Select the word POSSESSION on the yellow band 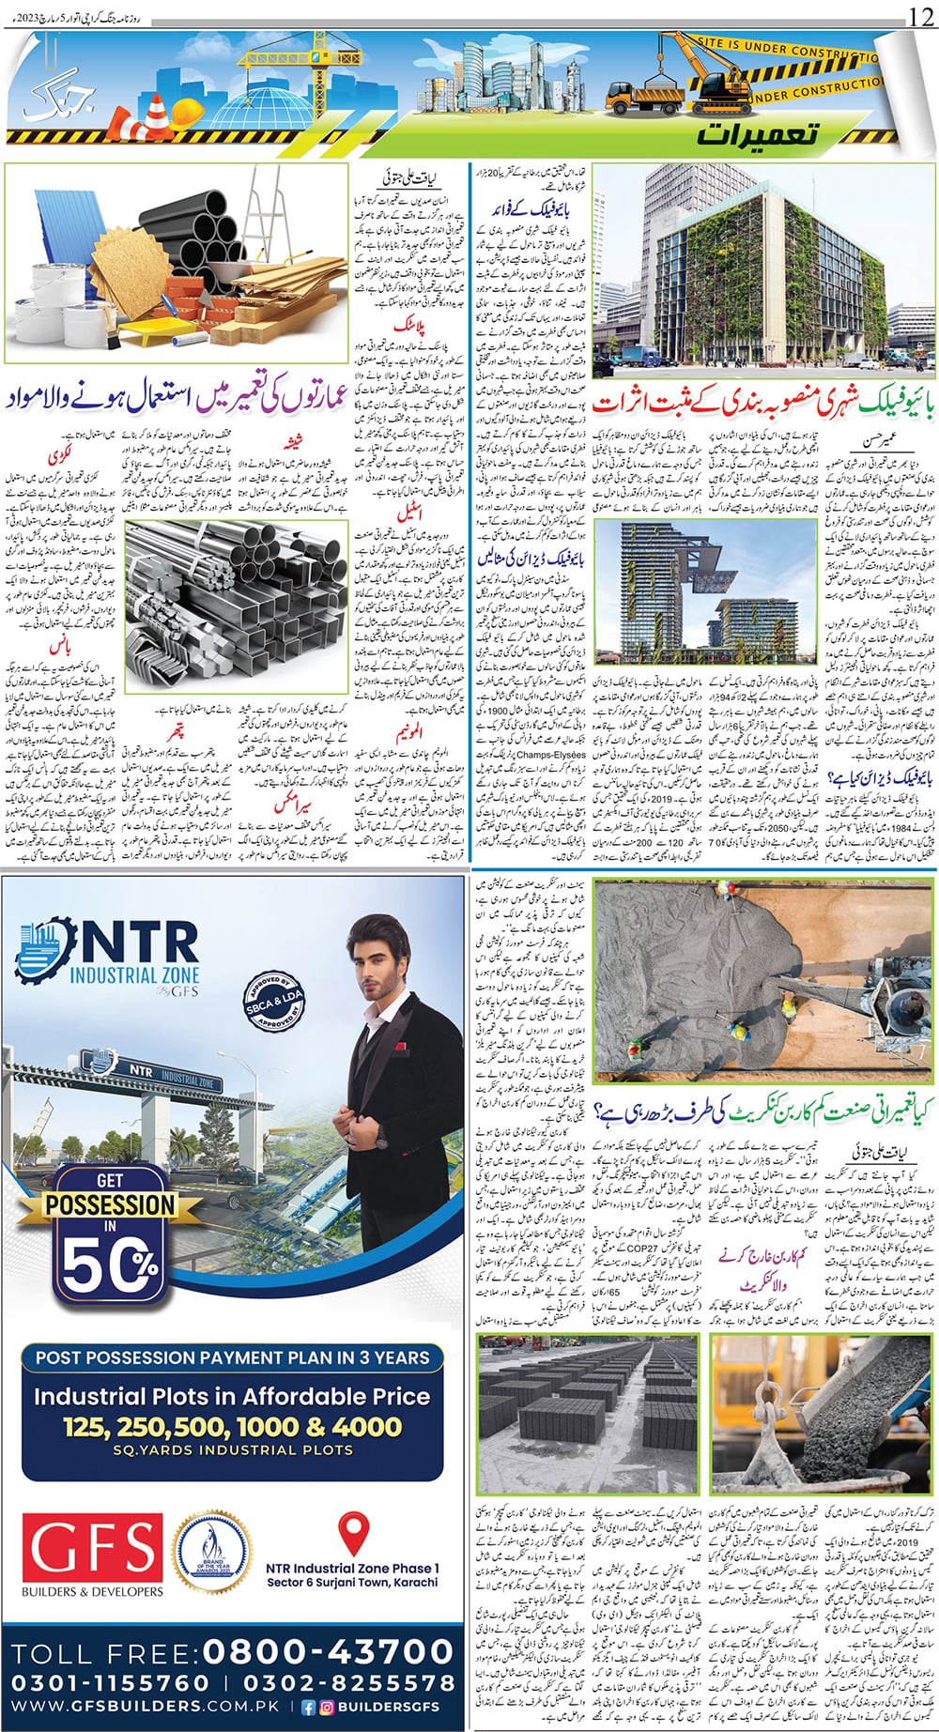pos(110,1204)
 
